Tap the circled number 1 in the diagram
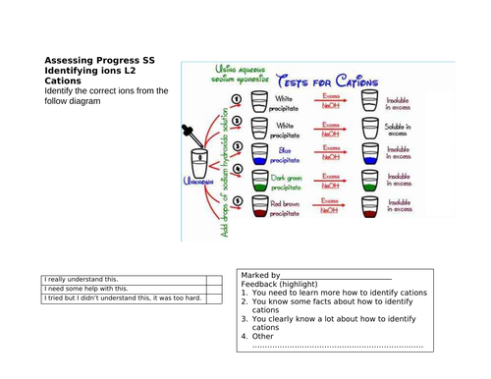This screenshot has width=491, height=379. [x=236, y=101]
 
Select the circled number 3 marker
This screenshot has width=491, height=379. [x=237, y=147]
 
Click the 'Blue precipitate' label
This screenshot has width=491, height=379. [x=285, y=154]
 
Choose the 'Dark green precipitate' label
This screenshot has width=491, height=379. [x=287, y=181]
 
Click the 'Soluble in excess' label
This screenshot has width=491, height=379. [x=399, y=131]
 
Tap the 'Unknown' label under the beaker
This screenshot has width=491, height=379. [x=199, y=181]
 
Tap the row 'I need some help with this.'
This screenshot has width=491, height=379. [x=85, y=289]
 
